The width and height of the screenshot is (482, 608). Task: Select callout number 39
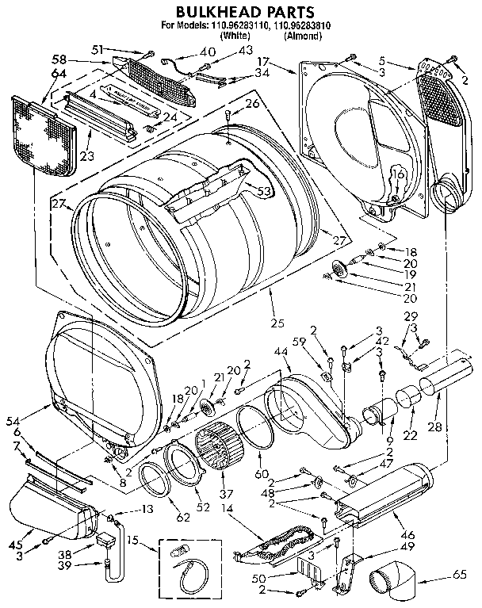[x=66, y=568]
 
